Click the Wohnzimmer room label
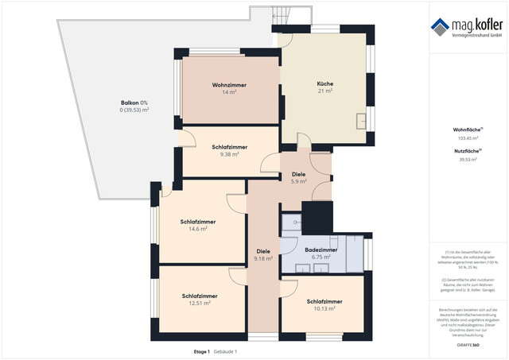click(x=229, y=85)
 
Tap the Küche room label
click(x=324, y=83)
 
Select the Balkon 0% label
click(x=134, y=103)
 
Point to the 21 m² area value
click(x=324, y=91)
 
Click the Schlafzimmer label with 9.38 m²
click(x=229, y=147)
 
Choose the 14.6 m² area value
click(x=197, y=229)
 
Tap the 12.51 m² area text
click(x=198, y=303)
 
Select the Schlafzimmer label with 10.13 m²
click(x=324, y=302)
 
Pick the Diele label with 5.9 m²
click(x=298, y=174)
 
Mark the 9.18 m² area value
click(x=263, y=258)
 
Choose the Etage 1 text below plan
click(x=202, y=351)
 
